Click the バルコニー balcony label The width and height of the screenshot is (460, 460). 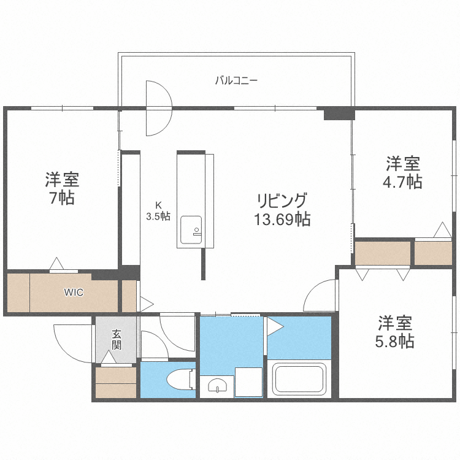pos(236,80)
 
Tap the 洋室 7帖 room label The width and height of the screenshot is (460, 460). pos(61,188)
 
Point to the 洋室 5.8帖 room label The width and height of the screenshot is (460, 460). pos(395,331)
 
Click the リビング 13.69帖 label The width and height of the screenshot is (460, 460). pos(282,209)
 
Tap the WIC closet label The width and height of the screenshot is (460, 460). pos(74,292)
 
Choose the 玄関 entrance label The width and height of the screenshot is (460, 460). pos(117,339)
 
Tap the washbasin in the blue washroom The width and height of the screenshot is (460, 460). pos(217,386)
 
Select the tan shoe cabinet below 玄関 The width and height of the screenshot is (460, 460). pos(116,381)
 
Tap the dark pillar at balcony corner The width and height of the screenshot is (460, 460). pos(339,113)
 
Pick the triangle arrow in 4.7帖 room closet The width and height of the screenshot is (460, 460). pos(440,231)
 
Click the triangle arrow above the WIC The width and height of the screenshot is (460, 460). pos(56,264)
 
